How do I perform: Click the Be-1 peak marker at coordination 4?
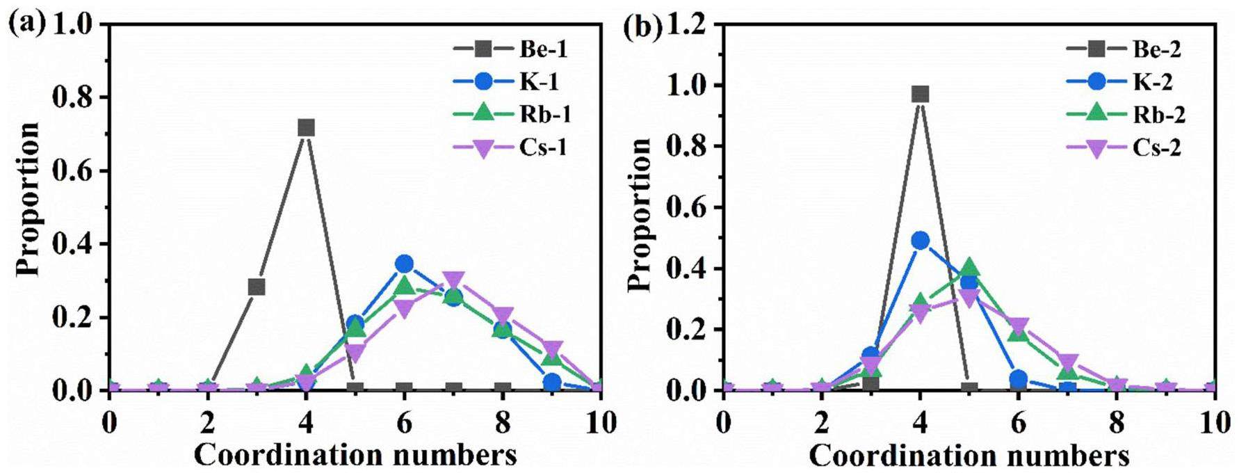pyautogui.click(x=306, y=128)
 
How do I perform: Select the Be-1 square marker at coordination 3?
pyautogui.click(x=257, y=287)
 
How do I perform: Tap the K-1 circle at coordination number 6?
pyautogui.click(x=405, y=264)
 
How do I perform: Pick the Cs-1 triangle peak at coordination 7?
pyautogui.click(x=453, y=280)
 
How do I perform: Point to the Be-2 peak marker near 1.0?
pyautogui.click(x=921, y=95)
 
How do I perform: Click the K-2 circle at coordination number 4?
pyautogui.click(x=921, y=241)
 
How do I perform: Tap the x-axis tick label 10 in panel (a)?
pyautogui.click(x=600, y=423)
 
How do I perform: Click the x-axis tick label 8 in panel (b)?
pyautogui.click(x=1117, y=423)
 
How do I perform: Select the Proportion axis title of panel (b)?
pyautogui.click(x=640, y=214)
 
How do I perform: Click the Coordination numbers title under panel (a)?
pyautogui.click(x=355, y=455)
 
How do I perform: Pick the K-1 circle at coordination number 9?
pyautogui.click(x=552, y=383)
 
